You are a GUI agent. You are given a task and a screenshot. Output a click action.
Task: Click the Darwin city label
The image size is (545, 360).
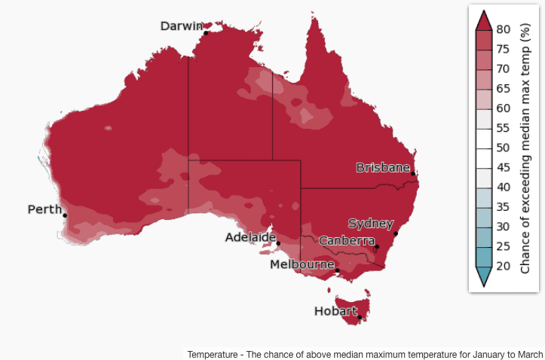tap(181, 26)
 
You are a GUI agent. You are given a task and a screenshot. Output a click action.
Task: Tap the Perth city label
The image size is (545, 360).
tap(44, 209)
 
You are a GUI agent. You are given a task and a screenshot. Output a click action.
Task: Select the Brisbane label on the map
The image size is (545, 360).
tap(383, 167)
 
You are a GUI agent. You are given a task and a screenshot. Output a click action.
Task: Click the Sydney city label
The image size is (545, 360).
tap(370, 224)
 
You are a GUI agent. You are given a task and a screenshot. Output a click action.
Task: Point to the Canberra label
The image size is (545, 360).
tap(347, 241)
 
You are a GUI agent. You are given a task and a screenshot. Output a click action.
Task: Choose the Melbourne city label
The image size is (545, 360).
tap(302, 264)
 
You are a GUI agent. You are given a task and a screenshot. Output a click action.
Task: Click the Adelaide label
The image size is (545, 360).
tap(250, 237)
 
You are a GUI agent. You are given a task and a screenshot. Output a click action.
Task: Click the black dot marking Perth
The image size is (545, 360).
tap(65, 215)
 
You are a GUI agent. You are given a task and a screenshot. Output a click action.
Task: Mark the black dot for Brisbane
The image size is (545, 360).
tap(413, 174)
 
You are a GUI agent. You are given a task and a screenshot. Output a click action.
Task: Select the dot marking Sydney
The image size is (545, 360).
tap(397, 233)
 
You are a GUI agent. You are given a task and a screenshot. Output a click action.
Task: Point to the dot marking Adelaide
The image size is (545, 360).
tap(278, 243)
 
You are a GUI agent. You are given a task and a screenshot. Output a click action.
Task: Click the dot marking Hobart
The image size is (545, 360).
tap(360, 316)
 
